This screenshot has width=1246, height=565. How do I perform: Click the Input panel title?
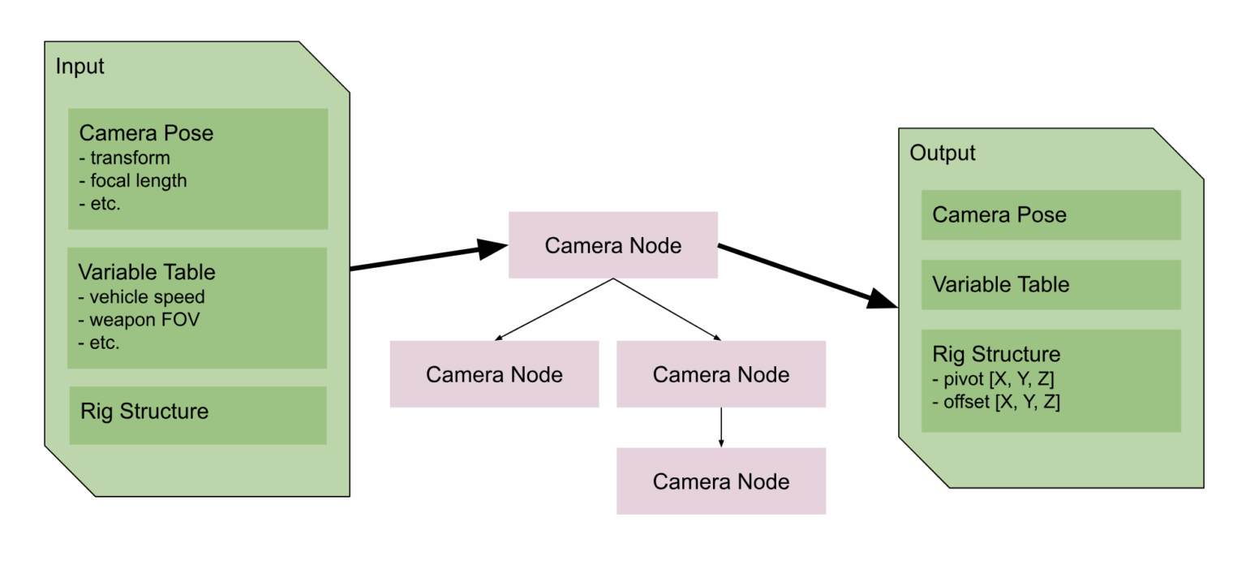[x=79, y=67]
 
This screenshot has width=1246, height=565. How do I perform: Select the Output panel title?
[x=943, y=153]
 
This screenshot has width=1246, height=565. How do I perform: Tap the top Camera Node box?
[x=612, y=245]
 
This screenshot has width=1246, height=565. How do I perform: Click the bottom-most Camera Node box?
[x=720, y=481]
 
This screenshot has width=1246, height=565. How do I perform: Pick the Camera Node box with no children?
[x=494, y=374]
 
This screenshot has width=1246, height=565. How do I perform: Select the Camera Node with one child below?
[x=720, y=374]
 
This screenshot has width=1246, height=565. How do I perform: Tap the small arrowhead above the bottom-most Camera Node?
[x=721, y=442]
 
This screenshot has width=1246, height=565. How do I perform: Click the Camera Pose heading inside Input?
[x=146, y=134]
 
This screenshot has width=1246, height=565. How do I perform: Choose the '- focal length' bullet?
[x=133, y=180]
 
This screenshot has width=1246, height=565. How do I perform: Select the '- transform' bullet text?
[x=125, y=157]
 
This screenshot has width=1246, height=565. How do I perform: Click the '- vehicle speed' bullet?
[x=142, y=296]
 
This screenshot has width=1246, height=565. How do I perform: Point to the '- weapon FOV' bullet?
[x=139, y=319]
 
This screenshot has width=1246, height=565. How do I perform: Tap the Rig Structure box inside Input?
[x=197, y=415]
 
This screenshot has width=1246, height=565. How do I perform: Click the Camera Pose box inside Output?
[x=1051, y=215]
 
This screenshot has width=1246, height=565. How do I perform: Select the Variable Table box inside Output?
[x=1051, y=285]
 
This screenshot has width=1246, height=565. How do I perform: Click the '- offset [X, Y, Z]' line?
[x=996, y=401]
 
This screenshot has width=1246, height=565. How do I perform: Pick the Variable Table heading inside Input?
[x=147, y=271]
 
